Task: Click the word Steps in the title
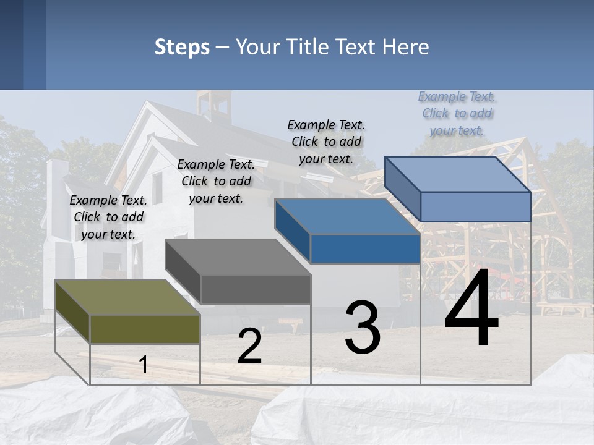[182, 47]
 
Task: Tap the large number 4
[471, 309]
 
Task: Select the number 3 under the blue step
[363, 328]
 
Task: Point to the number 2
[250, 346]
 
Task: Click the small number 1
[144, 365]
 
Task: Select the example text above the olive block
[108, 217]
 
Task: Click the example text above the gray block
[216, 181]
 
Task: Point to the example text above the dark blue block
[326, 142]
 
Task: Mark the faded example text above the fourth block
[457, 113]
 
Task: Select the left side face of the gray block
[183, 271]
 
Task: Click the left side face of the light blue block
[403, 189]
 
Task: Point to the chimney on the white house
[58, 179]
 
